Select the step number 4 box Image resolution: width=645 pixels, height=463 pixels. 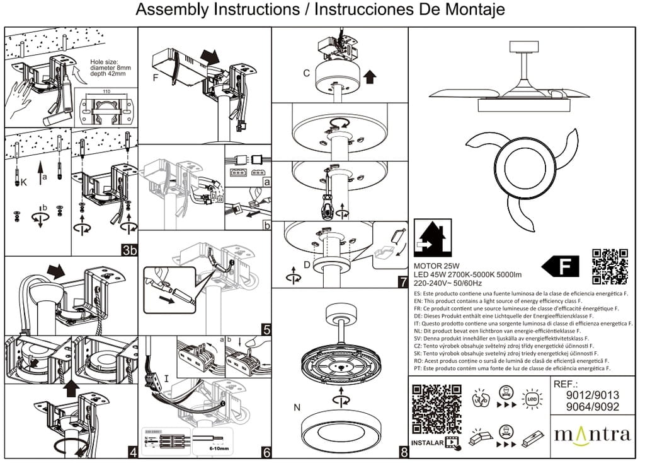click(132, 452)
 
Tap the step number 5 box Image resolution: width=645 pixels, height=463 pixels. click(266, 329)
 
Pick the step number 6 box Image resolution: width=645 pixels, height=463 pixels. click(266, 452)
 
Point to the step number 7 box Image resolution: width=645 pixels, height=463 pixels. click(402, 282)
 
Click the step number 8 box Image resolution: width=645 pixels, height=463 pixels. click(402, 452)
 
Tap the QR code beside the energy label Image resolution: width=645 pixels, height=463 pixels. click(610, 266)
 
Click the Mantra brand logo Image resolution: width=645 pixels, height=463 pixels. click(591, 435)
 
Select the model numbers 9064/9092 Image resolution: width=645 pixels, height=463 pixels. click(591, 407)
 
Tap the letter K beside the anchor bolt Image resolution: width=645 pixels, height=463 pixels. click(25, 183)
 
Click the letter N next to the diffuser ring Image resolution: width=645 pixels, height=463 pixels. click(297, 407)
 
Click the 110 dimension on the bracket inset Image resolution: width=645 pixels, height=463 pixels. click(105, 93)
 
